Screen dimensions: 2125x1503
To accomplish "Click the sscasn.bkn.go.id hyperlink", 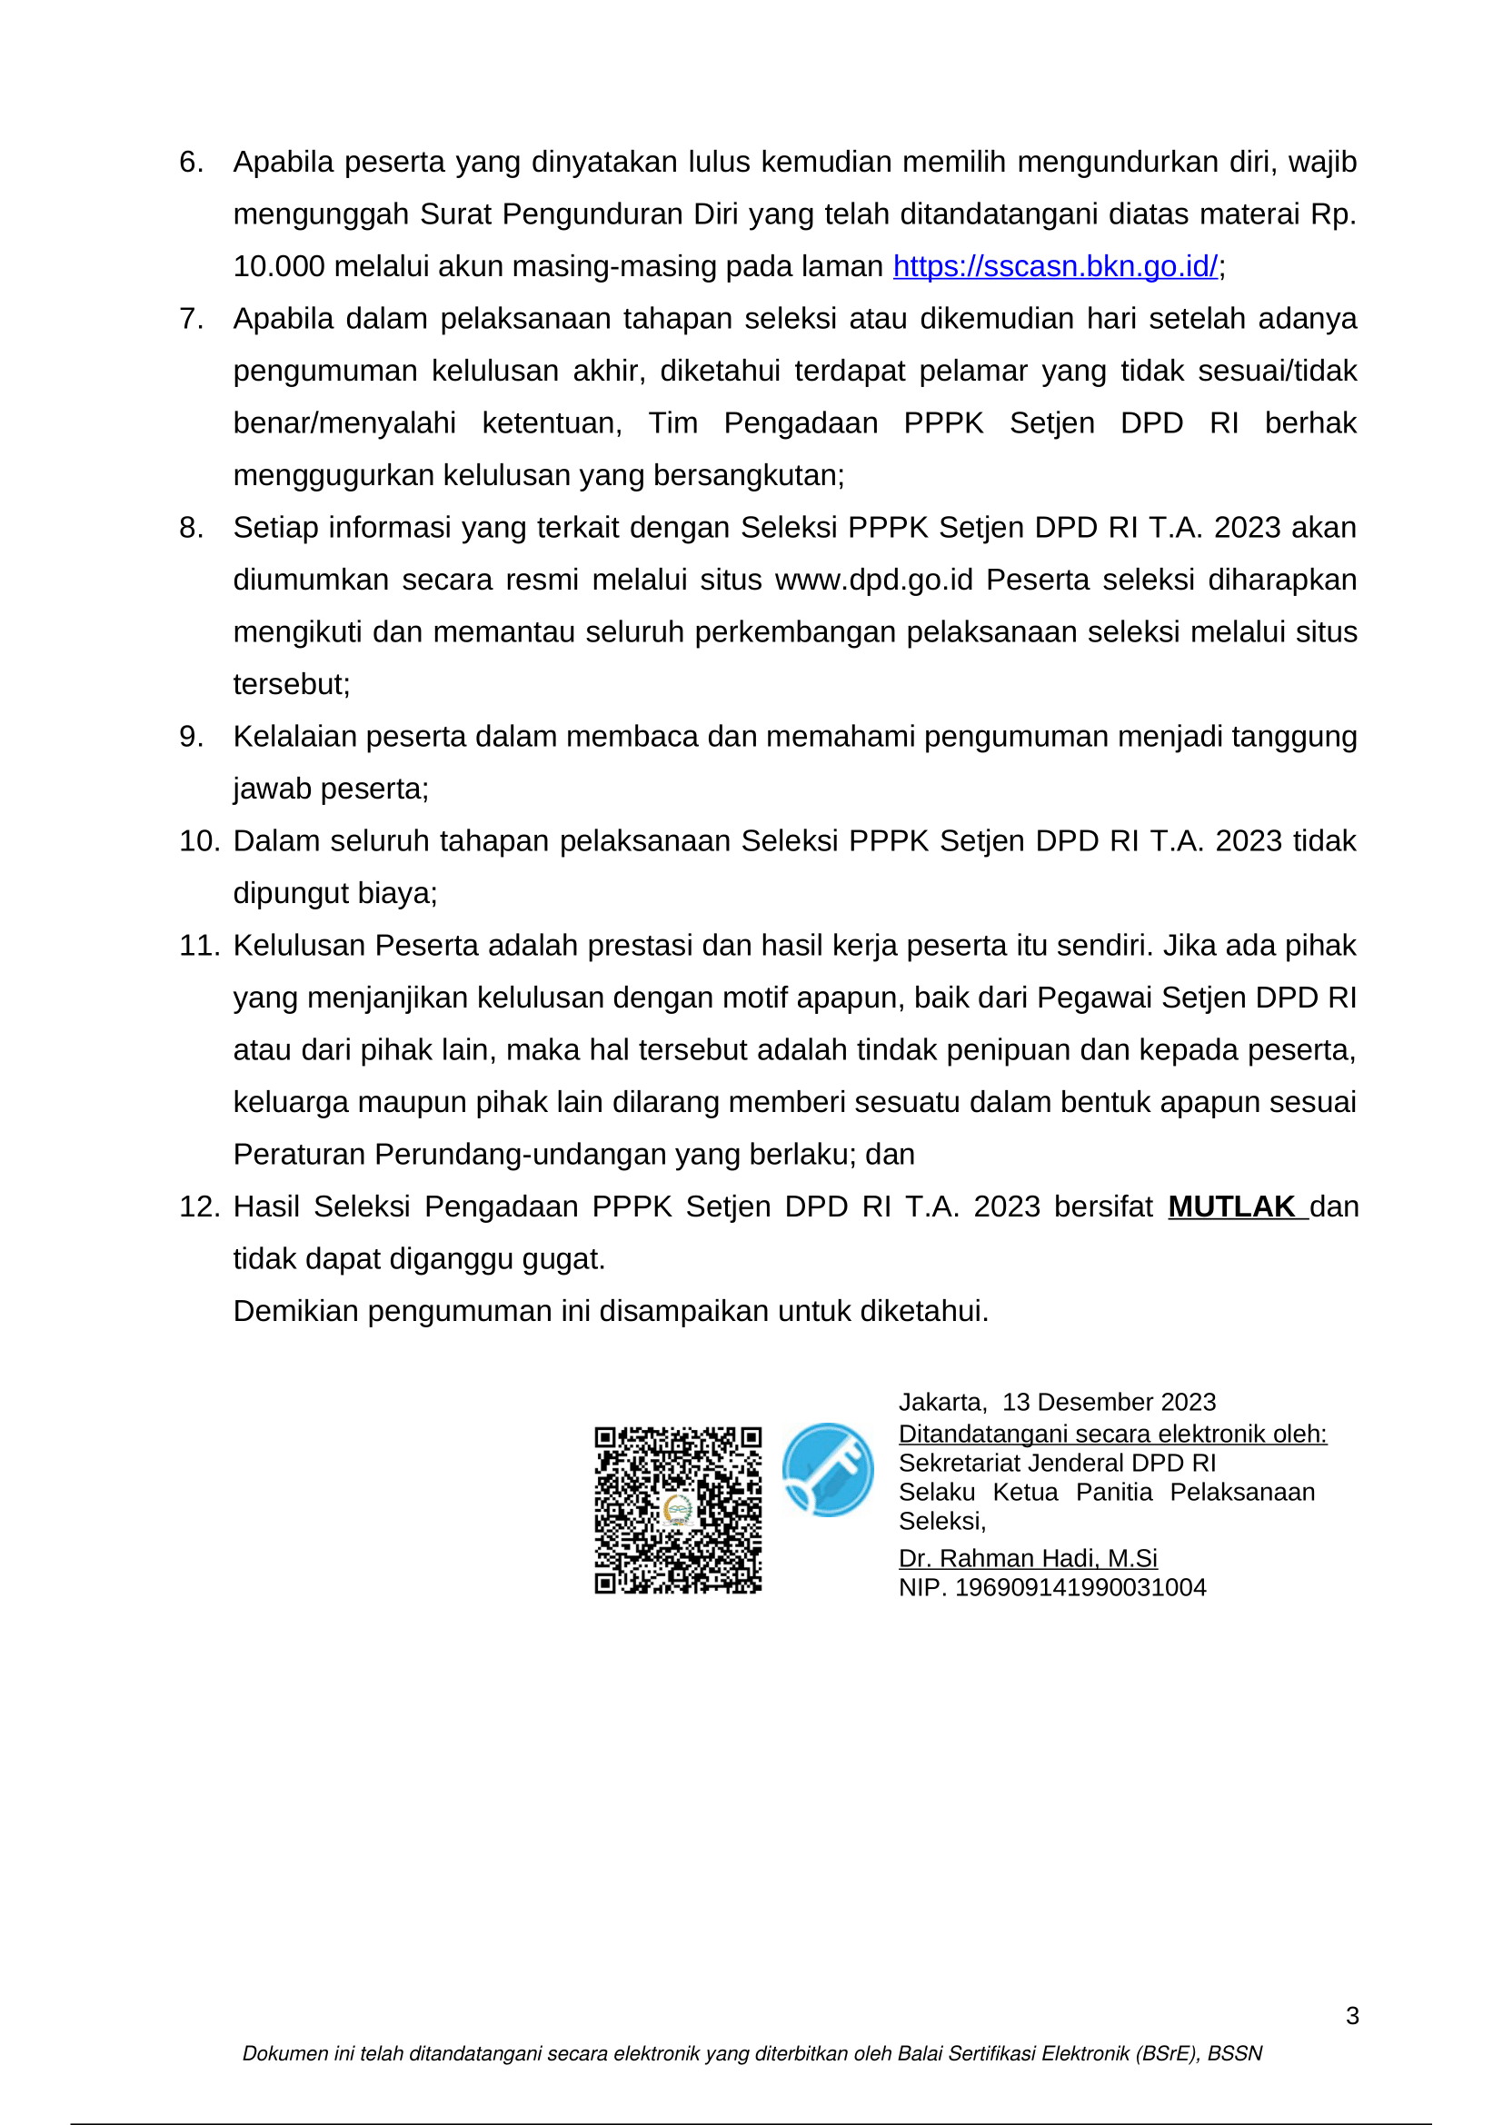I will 1055,266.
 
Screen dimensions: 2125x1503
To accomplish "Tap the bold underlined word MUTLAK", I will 1231,1206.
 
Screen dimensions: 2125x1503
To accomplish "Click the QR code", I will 678,1510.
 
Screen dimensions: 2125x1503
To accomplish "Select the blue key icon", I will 828,1469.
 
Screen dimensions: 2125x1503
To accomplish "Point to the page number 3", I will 1352,2015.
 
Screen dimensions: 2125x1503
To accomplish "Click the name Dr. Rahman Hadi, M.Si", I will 1028,1558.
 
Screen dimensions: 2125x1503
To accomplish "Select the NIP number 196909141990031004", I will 1080,1587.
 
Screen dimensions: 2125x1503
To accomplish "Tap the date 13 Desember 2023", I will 1109,1402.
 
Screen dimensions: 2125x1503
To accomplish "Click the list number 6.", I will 191,162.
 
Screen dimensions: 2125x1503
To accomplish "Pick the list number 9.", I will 191,737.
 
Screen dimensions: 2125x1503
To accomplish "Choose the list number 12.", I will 199,1206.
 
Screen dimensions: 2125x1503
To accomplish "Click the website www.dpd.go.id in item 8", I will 873,581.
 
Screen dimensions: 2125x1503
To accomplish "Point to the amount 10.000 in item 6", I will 279,266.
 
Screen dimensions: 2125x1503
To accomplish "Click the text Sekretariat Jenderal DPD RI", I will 1057,1463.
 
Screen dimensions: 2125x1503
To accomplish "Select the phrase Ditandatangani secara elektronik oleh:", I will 1112,1434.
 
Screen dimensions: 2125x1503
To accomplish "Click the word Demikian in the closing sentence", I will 295,1312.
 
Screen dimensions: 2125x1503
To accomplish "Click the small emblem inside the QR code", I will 679,1511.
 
